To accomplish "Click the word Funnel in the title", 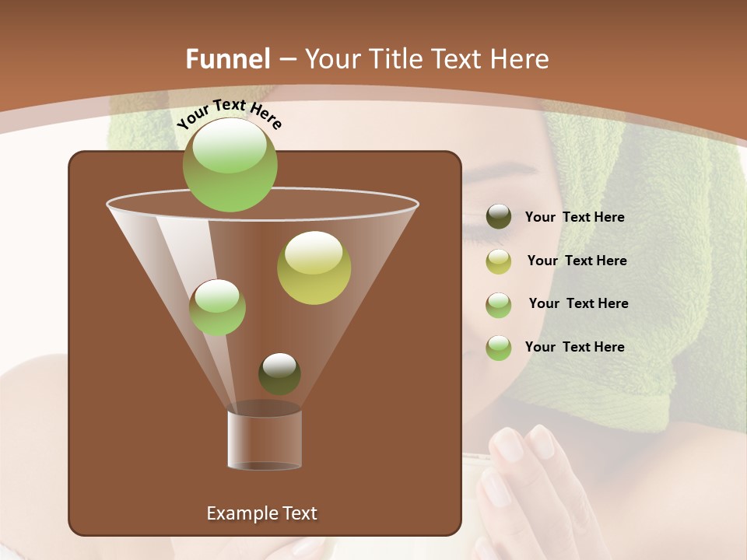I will (x=228, y=59).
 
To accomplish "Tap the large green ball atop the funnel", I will (x=230, y=164).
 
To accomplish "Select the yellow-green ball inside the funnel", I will (x=314, y=268).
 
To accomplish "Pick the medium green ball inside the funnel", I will (x=217, y=307).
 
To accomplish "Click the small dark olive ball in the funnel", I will (x=279, y=373).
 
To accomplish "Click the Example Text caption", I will (x=261, y=513).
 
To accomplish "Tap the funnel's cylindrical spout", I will (x=265, y=439).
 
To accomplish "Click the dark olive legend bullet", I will (x=499, y=217).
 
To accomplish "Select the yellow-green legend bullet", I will (x=499, y=261).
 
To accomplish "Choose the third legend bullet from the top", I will (x=499, y=305).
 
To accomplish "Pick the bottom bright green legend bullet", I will (x=499, y=348).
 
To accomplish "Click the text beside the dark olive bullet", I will (x=574, y=218).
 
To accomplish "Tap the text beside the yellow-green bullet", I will (x=577, y=261).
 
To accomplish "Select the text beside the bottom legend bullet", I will (x=574, y=347).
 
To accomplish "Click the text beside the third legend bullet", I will (x=578, y=303).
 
